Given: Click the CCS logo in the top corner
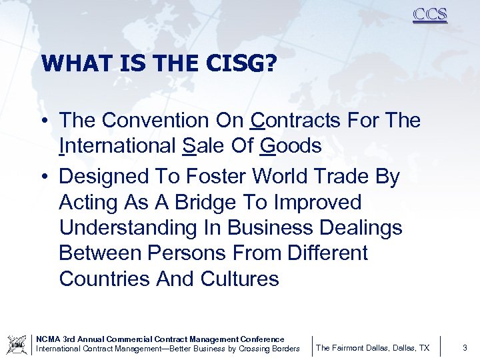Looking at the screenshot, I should click(429, 15).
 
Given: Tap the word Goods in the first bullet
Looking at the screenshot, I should click(291, 146).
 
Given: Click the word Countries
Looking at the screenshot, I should click(105, 278).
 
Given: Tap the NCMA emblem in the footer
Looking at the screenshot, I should click(16, 345).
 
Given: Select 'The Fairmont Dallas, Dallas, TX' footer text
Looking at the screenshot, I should click(373, 348).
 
